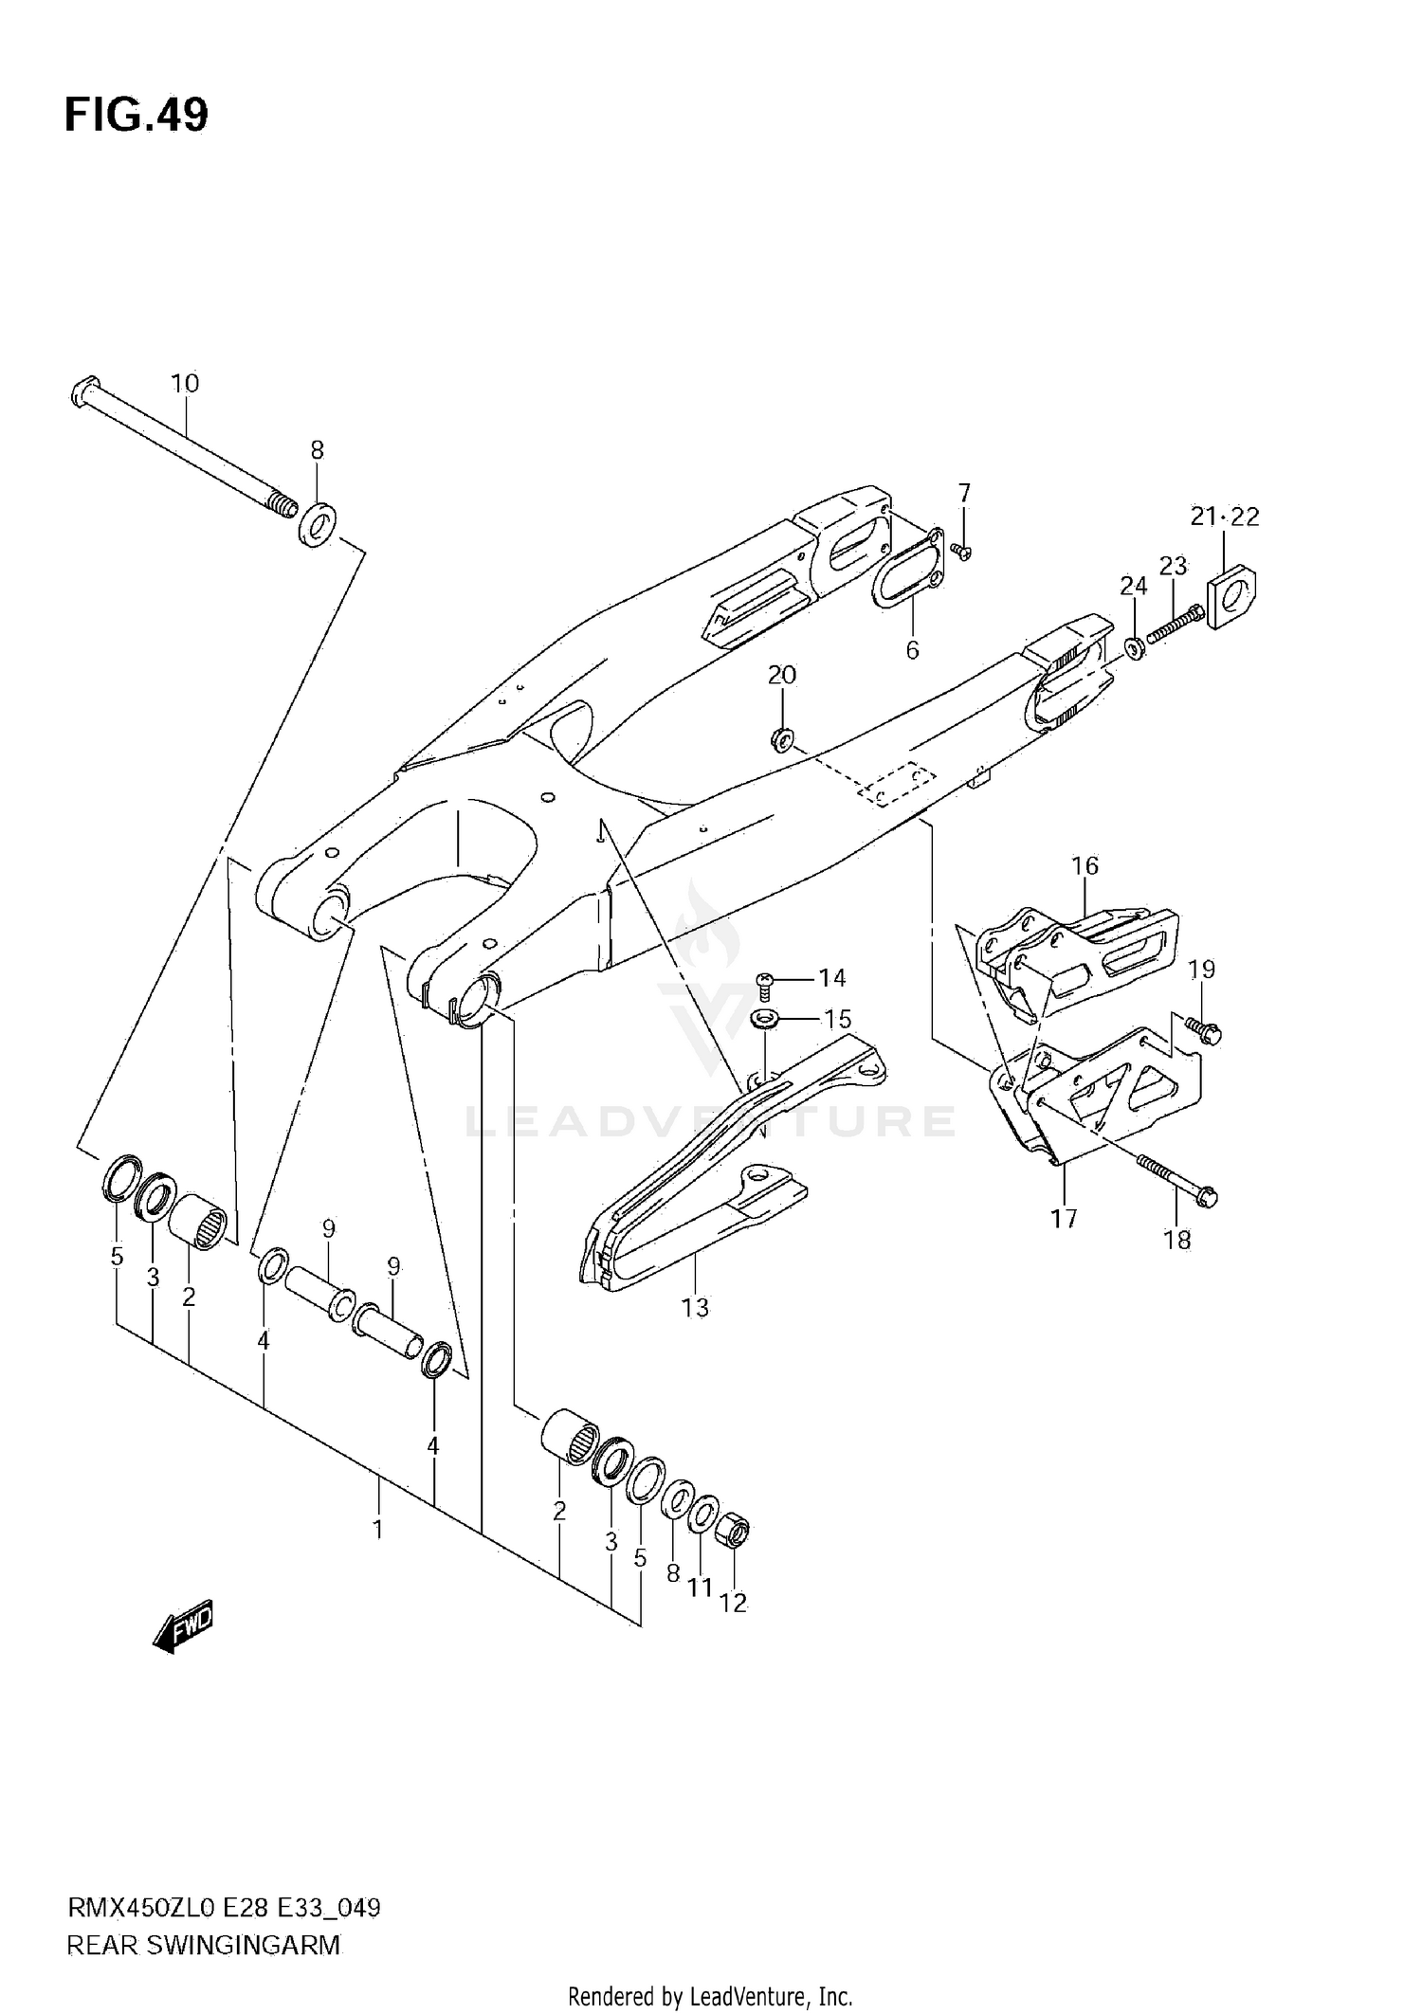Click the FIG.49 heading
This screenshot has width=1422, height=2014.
click(137, 116)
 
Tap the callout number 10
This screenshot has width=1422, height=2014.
click(185, 384)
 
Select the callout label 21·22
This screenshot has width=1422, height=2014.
click(1225, 517)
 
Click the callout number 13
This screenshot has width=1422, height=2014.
click(695, 1308)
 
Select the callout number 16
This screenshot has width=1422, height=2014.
click(1085, 865)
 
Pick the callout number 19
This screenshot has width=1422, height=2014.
click(1201, 969)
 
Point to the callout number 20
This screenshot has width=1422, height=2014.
click(782, 675)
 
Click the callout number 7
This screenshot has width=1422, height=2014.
click(964, 493)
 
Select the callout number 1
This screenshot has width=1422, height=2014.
click(377, 1530)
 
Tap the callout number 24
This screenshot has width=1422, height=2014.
click(1133, 587)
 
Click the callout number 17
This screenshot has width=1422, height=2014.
click(1064, 1218)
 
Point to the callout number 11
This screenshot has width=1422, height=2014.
click(700, 1587)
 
